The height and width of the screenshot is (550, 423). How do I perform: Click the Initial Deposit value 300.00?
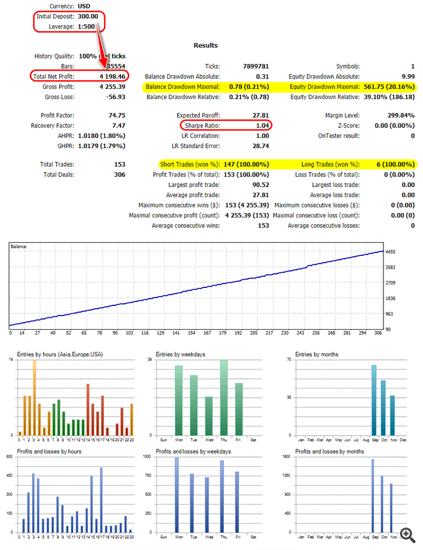[88, 16]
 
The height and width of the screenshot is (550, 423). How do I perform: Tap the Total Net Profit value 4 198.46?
[113, 76]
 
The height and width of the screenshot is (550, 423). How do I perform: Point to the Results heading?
[205, 45]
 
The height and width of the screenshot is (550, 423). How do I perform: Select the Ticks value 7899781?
[255, 66]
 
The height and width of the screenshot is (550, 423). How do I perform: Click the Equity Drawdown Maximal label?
[324, 87]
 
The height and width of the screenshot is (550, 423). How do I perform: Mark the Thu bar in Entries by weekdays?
[224, 397]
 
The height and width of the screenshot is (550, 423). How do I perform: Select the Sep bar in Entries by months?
[373, 400]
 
